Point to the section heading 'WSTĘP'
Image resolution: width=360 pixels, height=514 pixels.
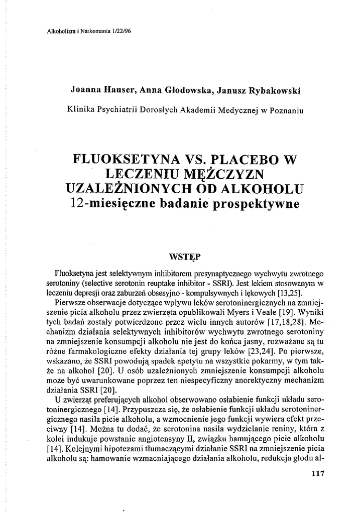185,256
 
